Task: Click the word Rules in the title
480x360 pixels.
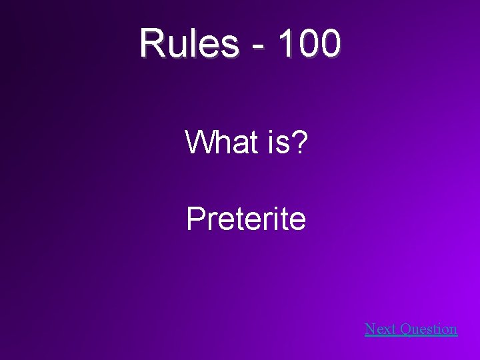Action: tap(189, 44)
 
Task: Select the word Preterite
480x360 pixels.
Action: tap(246, 219)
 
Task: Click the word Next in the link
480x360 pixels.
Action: tap(379, 329)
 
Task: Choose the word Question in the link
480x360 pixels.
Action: tap(427, 329)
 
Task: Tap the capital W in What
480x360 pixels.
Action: tap(199, 142)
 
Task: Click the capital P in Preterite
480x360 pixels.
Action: tap(195, 219)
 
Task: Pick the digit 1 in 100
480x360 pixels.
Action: tap(285, 44)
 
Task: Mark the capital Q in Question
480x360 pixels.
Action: tap(404, 329)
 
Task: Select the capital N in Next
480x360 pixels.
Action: tap(371, 329)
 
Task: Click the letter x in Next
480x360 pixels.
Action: tap(385, 330)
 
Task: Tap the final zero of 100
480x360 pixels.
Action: tap(329, 44)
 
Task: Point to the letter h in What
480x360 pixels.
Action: tap(219, 142)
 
